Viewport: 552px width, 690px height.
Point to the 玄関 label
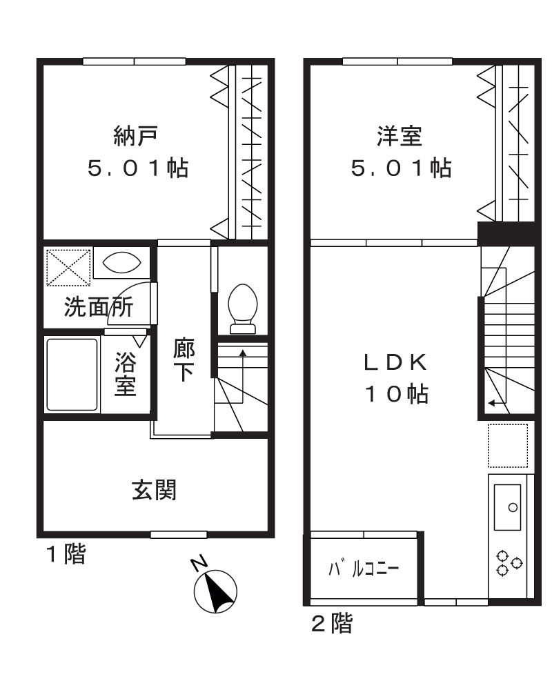click(x=155, y=491)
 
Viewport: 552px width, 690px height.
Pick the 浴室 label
click(x=125, y=374)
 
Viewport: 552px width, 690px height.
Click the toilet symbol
click(x=243, y=307)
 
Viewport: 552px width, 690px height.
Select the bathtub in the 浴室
click(x=72, y=375)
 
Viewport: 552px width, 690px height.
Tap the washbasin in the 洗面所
click(x=121, y=262)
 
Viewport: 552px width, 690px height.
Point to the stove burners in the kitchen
click(x=509, y=562)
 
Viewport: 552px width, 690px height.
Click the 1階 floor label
click(x=66, y=555)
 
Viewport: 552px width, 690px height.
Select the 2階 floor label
click(x=331, y=625)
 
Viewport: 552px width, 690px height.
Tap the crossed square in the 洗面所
click(x=68, y=266)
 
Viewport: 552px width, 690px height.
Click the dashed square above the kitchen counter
click(x=508, y=446)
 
